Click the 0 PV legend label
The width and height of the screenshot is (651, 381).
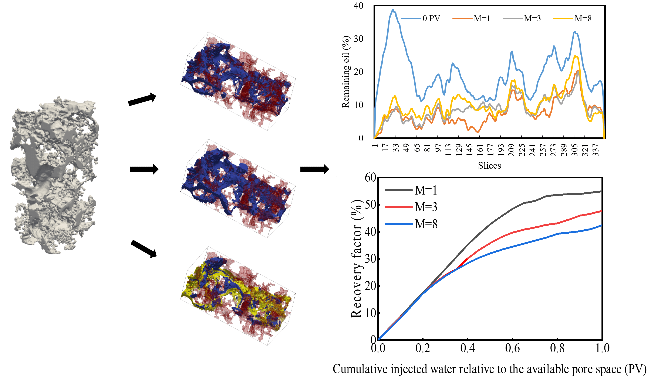click(431, 18)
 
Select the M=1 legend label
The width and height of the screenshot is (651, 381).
click(482, 18)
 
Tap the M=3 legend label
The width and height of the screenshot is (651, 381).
click(532, 18)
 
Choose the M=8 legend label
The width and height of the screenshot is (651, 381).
click(583, 18)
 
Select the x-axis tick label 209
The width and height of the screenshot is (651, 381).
click(511, 150)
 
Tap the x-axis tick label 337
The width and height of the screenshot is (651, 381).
click(596, 150)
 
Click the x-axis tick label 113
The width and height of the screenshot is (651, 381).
click(448, 150)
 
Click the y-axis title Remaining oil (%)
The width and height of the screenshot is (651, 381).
click(345, 72)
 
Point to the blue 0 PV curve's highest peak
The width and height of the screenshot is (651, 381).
click(393, 10)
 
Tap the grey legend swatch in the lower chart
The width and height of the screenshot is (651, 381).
click(399, 190)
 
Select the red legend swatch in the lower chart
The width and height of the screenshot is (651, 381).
click(399, 207)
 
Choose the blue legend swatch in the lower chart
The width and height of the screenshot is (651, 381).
click(399, 224)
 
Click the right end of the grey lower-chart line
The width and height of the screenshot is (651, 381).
click(602, 191)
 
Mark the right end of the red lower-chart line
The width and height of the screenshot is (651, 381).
click(602, 211)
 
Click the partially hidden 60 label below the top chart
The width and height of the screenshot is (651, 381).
click(370, 175)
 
